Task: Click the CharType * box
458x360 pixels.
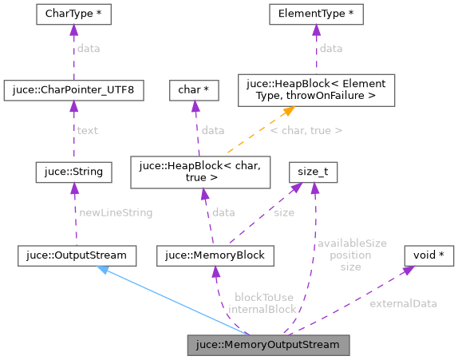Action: tap(73, 14)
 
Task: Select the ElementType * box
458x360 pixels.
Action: tap(316, 14)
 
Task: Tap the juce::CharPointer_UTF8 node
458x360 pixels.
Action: tap(73, 91)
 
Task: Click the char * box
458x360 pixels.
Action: tap(194, 91)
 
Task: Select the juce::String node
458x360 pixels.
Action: tap(73, 171)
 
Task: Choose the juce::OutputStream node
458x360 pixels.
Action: tap(77, 256)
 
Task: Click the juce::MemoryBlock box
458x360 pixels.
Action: tap(216, 256)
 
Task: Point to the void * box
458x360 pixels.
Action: tap(429, 256)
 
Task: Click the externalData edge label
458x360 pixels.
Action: tap(403, 303)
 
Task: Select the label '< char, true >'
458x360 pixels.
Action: tap(306, 130)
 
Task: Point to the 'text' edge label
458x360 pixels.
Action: tap(87, 130)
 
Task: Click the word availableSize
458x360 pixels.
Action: tap(351, 243)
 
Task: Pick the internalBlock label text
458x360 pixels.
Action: tap(262, 309)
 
